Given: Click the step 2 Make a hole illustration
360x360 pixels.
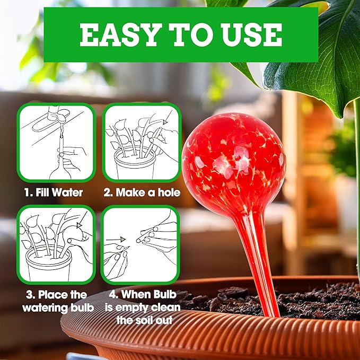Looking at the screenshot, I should click(141, 142).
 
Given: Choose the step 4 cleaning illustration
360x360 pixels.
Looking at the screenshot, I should click(141, 244).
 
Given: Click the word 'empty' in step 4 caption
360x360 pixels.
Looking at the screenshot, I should click(138, 308).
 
